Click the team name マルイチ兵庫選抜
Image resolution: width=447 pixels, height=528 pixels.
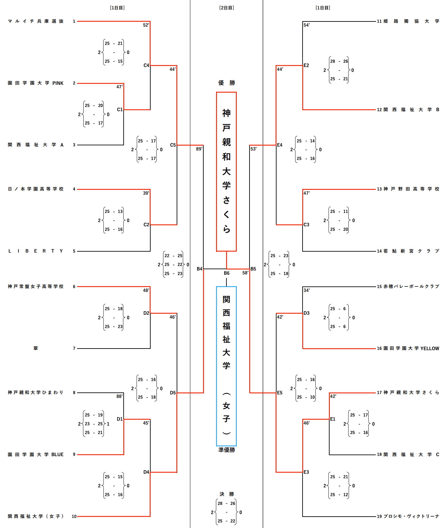[36, 21]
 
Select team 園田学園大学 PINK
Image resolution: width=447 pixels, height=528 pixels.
[36, 83]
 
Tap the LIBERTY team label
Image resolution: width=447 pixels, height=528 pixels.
[36, 251]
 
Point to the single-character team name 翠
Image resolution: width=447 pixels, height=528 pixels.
[36, 348]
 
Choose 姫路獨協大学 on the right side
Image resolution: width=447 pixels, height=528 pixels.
[411, 21]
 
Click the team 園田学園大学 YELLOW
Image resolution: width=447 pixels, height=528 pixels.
[411, 349]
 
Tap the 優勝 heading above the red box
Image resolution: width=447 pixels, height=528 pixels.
[226, 83]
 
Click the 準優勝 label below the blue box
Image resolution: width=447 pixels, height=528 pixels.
[226, 450]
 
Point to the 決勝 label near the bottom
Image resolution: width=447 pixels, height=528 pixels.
[226, 494]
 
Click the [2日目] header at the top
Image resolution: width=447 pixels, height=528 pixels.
[226, 8]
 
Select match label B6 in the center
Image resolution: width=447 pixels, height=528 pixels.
[226, 273]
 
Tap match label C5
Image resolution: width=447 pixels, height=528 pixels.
[173, 145]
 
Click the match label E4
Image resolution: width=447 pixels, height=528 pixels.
[280, 145]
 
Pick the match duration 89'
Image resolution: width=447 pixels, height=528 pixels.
[199, 149]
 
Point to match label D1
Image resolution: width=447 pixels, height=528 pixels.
[120, 419]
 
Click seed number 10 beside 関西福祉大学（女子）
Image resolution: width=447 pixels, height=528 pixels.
[74, 516]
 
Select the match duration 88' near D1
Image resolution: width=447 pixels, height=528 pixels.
[120, 396]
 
